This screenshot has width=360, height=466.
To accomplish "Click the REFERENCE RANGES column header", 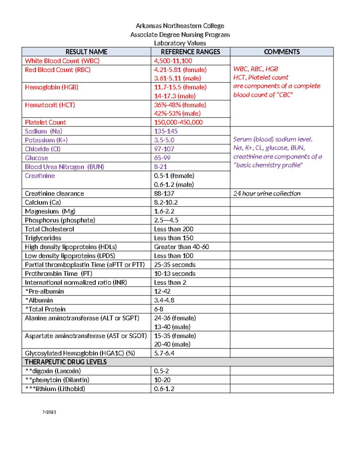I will (190, 52).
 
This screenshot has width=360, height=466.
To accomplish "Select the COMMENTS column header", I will (282, 52).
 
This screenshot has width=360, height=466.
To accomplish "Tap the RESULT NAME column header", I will (86, 52).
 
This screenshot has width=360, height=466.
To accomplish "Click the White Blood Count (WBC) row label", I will (62, 61).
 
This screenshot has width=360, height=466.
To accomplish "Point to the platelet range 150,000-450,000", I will (178, 122).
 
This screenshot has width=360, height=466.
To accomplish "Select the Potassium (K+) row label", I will (46, 140).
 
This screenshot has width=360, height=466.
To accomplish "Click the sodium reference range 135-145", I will (166, 131).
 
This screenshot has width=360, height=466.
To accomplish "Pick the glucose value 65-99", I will (162, 158).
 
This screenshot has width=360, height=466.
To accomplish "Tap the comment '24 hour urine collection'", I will (267, 194).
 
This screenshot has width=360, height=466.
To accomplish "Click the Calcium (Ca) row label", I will (43, 203).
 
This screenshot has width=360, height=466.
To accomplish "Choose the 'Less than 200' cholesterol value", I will (173, 229).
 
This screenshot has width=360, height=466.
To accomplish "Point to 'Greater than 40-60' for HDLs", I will (181, 247).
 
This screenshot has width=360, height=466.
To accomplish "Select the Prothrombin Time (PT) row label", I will (58, 274).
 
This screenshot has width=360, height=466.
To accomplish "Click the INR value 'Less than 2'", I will (170, 283).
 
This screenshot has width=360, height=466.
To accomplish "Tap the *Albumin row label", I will (39, 300).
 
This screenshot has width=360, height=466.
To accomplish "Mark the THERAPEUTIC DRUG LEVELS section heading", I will (66, 362).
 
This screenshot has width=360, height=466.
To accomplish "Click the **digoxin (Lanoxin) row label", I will (53, 371).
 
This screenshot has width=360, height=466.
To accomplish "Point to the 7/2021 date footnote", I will (49, 412).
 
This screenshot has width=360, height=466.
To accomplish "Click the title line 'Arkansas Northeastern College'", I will (180, 26).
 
